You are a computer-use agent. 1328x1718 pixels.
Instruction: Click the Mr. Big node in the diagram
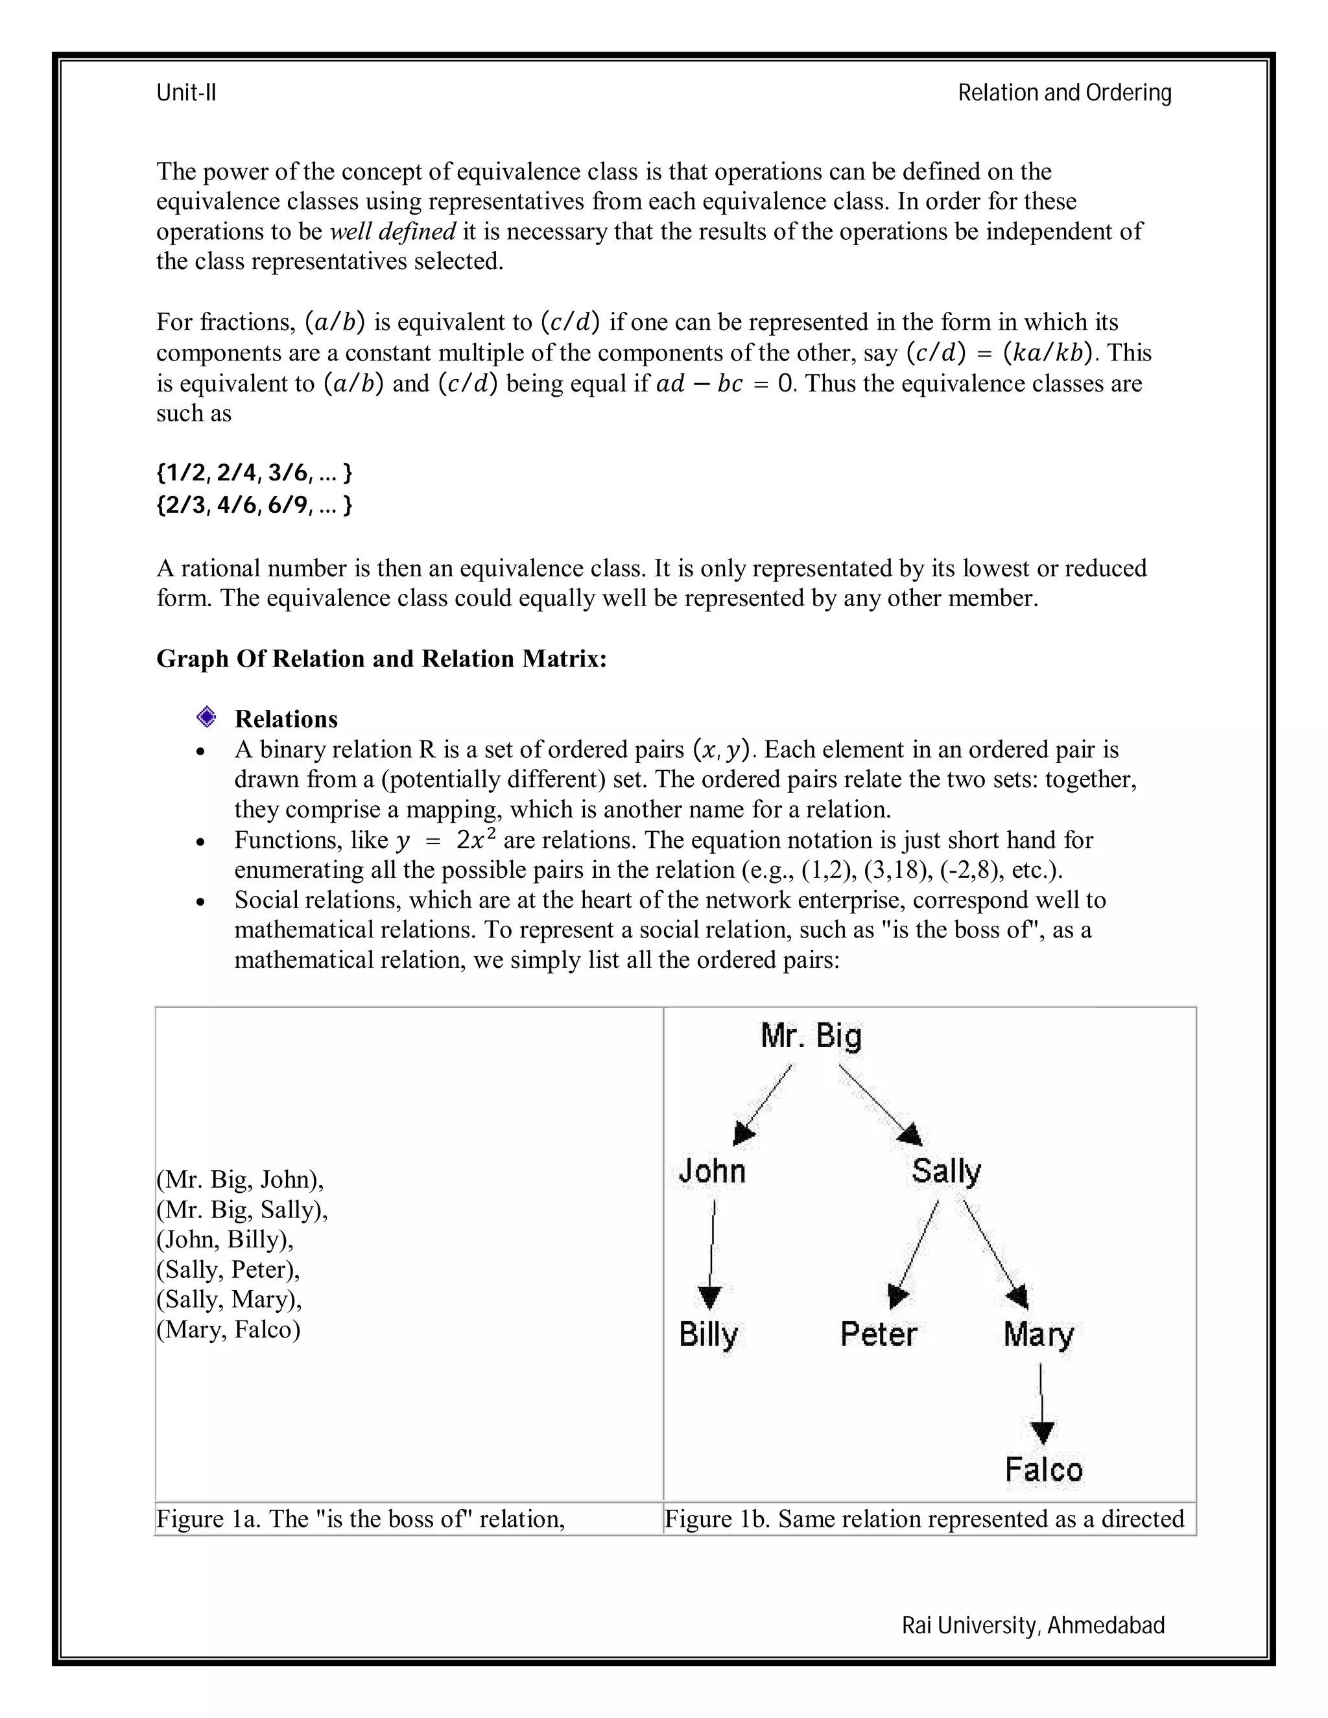click(x=811, y=1036)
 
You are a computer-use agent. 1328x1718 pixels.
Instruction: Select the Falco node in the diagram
click(x=1044, y=1470)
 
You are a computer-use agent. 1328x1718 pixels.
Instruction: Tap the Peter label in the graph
click(x=878, y=1334)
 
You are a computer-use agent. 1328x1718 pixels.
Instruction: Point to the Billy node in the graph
click(x=708, y=1334)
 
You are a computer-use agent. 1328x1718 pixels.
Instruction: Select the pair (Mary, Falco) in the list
click(x=228, y=1330)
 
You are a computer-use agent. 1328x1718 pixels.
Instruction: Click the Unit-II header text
click(x=187, y=93)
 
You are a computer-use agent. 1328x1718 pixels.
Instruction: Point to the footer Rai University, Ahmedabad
click(x=1033, y=1625)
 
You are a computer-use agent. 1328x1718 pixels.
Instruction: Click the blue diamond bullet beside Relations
click(x=207, y=716)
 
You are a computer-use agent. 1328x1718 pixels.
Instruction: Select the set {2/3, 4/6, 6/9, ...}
click(x=254, y=504)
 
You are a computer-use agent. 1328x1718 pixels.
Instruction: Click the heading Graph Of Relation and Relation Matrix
click(x=381, y=659)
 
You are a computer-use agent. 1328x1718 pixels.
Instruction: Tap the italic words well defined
click(x=392, y=231)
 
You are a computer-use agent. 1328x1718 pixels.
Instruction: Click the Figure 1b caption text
click(x=923, y=1519)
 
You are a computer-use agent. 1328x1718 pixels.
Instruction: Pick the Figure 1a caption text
click(x=361, y=1519)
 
